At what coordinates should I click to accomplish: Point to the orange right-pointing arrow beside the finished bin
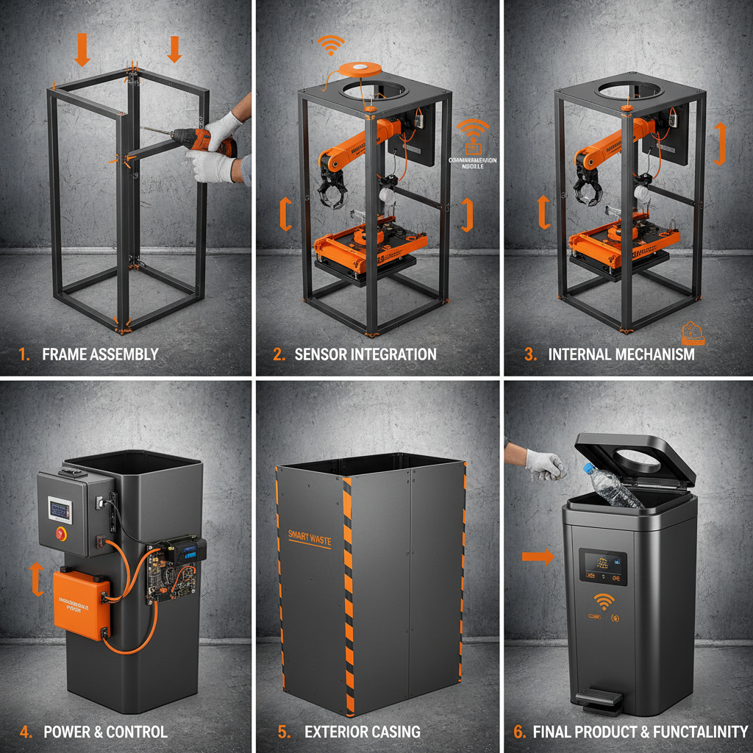pyautogui.click(x=538, y=557)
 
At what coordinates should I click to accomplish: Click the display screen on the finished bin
pyautogui.click(x=603, y=567)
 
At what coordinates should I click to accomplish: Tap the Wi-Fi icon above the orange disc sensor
pyautogui.click(x=331, y=44)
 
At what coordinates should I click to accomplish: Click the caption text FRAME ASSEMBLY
pyautogui.click(x=100, y=354)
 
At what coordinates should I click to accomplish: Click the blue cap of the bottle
pyautogui.click(x=588, y=468)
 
